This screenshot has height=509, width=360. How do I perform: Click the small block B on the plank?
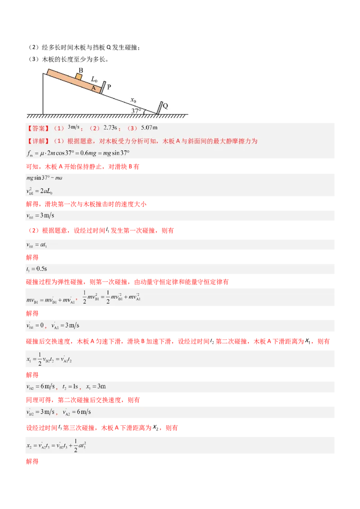pyautogui.click(x=79, y=76)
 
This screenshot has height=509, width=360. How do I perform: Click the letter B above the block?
pyautogui.click(x=81, y=70)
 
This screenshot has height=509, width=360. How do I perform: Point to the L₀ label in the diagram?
pyautogui.click(x=95, y=79)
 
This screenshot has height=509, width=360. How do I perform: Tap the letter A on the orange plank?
pyautogui.click(x=94, y=88)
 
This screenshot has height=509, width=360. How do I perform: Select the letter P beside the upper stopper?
pyautogui.click(x=109, y=87)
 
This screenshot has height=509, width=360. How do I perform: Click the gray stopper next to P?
pyautogui.click(x=103, y=88)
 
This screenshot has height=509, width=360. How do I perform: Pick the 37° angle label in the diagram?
pyautogui.click(x=136, y=111)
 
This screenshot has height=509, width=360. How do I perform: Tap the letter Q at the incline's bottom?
pyautogui.click(x=165, y=106)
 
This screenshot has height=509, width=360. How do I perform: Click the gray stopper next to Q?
pyautogui.click(x=159, y=108)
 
